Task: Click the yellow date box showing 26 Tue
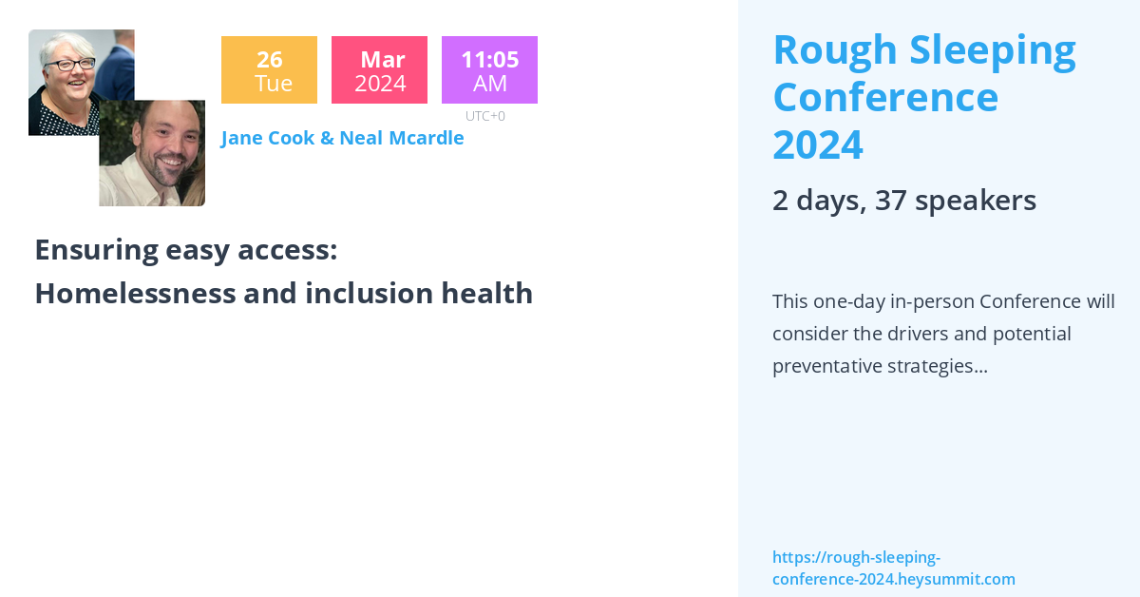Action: click(x=269, y=70)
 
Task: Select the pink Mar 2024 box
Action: click(x=380, y=70)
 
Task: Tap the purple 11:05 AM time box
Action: click(x=489, y=70)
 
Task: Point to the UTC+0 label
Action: click(x=485, y=116)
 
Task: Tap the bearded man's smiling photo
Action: click(x=152, y=153)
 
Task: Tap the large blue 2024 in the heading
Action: click(x=818, y=145)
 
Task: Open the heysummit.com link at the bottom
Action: click(x=893, y=568)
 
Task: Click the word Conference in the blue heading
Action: click(x=885, y=98)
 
